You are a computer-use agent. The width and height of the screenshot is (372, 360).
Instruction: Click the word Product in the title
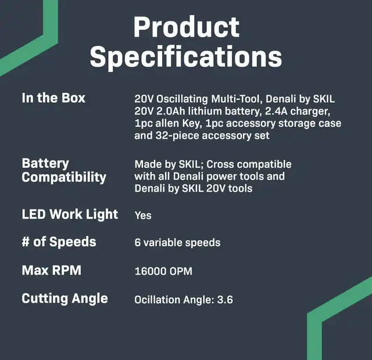tap(186, 27)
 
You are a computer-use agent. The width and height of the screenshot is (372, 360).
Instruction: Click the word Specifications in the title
tap(186, 58)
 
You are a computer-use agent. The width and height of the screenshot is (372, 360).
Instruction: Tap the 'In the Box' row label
tap(53, 98)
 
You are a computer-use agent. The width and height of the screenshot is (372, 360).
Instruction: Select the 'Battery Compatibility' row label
tap(64, 171)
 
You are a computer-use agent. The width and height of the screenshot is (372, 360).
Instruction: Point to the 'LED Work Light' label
tap(70, 215)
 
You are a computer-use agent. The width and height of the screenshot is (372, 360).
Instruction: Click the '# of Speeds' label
tap(59, 242)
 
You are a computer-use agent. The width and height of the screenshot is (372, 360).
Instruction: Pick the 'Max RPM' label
tap(52, 271)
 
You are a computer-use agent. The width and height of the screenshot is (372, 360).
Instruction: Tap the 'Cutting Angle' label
tap(65, 298)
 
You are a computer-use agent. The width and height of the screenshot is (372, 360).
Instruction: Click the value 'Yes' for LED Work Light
tap(143, 215)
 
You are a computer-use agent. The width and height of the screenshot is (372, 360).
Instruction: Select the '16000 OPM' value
tap(163, 271)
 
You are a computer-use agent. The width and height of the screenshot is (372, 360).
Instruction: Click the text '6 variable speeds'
tap(177, 243)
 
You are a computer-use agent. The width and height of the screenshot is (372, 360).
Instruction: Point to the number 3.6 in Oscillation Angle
tap(225, 300)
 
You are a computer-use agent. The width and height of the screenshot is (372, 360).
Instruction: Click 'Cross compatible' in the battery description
tap(249, 164)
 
